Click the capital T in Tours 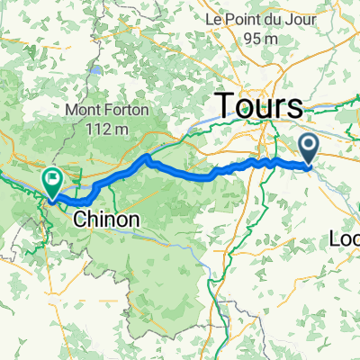[x=225, y=105]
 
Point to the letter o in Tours [x=246, y=108]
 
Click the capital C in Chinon [x=78, y=219]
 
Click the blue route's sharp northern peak [x=146, y=158]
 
